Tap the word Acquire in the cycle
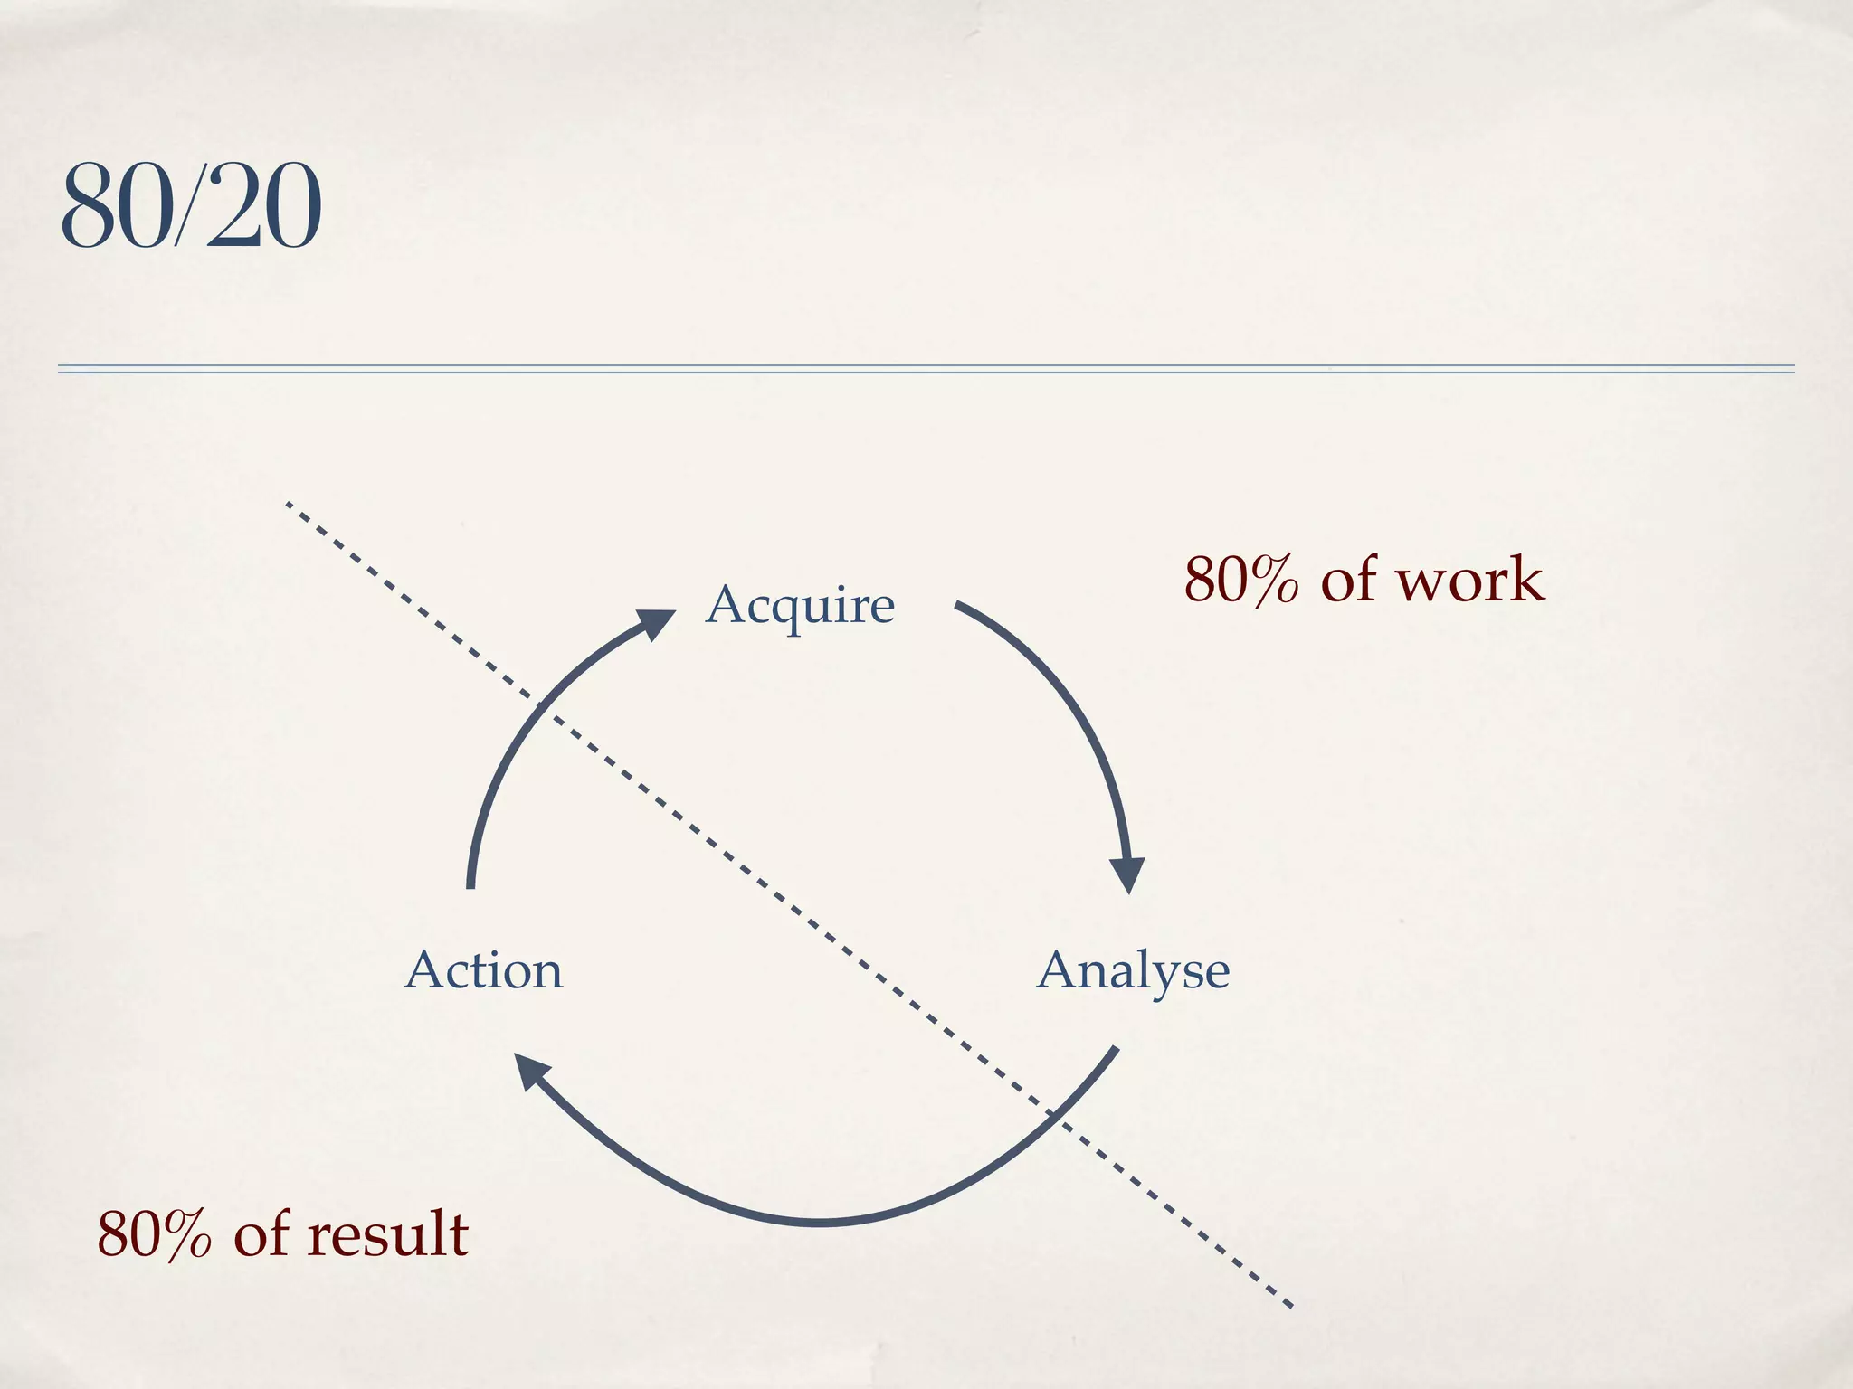click(x=800, y=604)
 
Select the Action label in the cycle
click(x=483, y=970)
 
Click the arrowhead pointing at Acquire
click(x=655, y=623)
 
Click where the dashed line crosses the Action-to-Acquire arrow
click(x=540, y=704)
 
